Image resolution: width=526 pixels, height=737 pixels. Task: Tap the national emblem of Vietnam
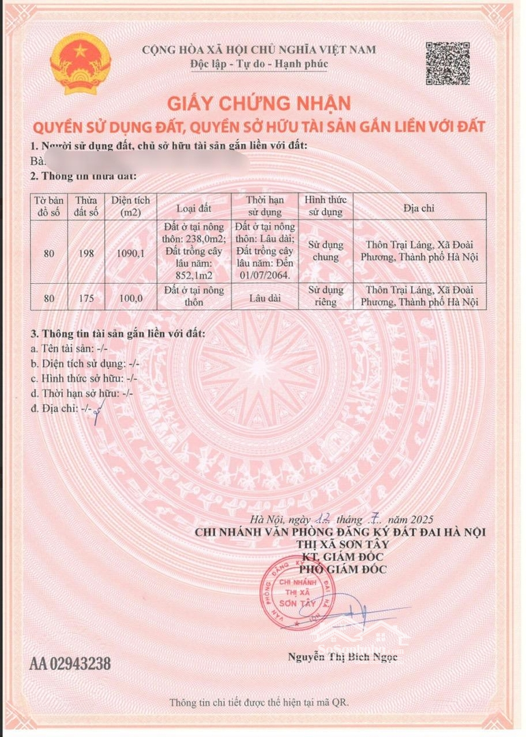pyautogui.click(x=81, y=66)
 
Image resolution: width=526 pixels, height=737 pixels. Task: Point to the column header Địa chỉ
pyautogui.click(x=419, y=207)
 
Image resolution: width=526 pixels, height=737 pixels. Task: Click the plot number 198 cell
pyautogui.click(x=86, y=252)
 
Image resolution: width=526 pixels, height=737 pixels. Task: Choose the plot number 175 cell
pyautogui.click(x=86, y=296)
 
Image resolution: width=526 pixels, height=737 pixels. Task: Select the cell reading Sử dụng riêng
pyautogui.click(x=325, y=296)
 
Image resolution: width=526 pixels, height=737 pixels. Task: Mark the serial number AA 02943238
pyautogui.click(x=70, y=663)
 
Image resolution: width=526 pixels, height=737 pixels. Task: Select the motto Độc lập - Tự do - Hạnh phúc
pyautogui.click(x=259, y=64)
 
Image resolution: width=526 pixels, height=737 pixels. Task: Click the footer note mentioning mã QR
pyautogui.click(x=263, y=702)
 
